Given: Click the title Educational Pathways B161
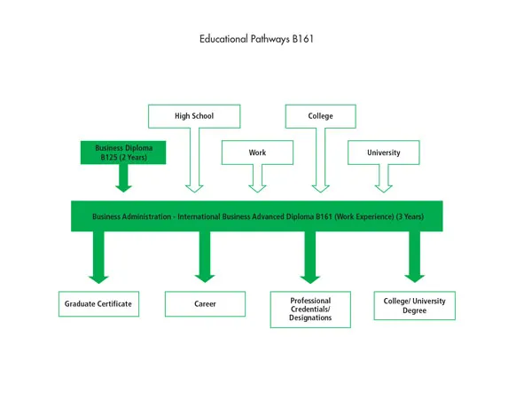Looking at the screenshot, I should (x=257, y=39).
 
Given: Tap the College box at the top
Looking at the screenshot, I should (x=320, y=116).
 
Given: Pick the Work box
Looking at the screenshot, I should (x=257, y=153).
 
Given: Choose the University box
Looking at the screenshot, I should (x=383, y=153).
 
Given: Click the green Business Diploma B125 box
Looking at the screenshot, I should (x=123, y=153).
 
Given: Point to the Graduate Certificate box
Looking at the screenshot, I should (x=98, y=304).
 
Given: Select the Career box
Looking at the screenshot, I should (x=205, y=304).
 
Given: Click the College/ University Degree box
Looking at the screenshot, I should (x=415, y=305).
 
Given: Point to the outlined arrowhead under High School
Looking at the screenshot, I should (x=193, y=186).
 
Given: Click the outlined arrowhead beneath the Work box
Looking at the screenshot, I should (x=257, y=186).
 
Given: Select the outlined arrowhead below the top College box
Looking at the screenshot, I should (x=320, y=186).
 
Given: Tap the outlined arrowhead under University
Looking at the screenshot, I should (x=383, y=186).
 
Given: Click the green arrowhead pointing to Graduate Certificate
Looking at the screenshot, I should (x=98, y=276).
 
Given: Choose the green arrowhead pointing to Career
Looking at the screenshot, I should (x=205, y=276).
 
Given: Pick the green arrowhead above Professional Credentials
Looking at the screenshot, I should (x=309, y=276).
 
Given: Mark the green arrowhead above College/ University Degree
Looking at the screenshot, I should (x=415, y=276).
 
